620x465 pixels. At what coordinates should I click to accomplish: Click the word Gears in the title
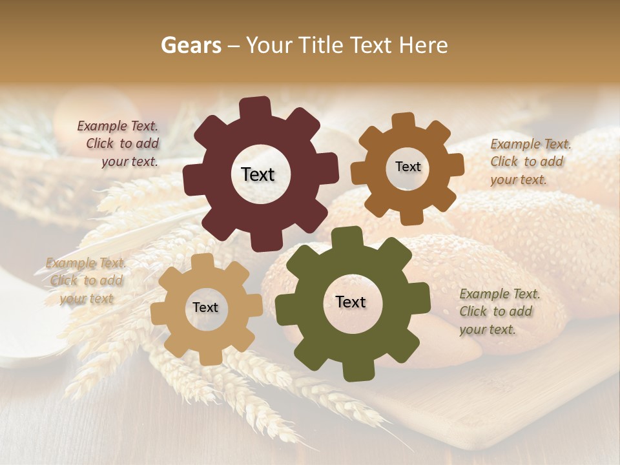[191, 45]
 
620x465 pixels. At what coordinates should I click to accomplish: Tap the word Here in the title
[424, 45]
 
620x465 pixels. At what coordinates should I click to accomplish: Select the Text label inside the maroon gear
[258, 174]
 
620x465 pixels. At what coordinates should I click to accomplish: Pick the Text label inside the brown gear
[408, 167]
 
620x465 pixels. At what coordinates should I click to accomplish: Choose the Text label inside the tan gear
[205, 307]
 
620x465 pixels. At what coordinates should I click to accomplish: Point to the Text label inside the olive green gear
[351, 302]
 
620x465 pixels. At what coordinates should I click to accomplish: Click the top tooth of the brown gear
[403, 121]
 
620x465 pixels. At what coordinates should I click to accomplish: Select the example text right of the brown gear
[530, 161]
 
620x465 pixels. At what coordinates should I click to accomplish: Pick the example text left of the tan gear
[86, 280]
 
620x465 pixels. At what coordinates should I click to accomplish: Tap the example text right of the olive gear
[499, 311]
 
